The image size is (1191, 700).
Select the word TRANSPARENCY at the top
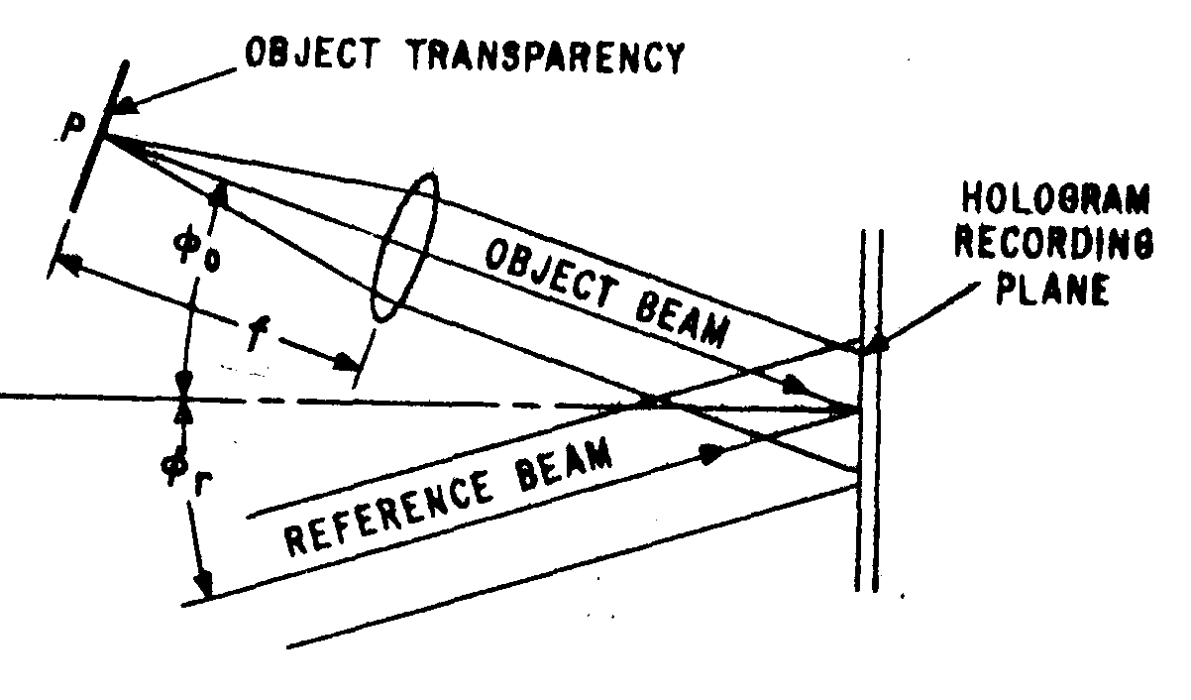click(x=547, y=57)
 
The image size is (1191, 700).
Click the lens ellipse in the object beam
click(x=404, y=246)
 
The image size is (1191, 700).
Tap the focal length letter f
click(x=258, y=333)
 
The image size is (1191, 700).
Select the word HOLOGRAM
click(x=1056, y=199)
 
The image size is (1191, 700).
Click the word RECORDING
click(x=1054, y=244)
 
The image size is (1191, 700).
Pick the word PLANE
click(x=1053, y=289)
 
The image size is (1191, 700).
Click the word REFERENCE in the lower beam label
click(x=387, y=515)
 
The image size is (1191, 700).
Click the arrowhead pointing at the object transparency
click(x=127, y=104)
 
